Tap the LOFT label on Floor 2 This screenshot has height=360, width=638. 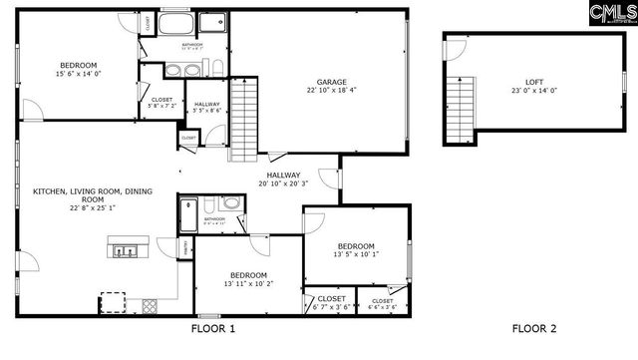pos(534,82)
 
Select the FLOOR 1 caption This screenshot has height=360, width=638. pos(212,328)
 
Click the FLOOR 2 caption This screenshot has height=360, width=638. pos(534,328)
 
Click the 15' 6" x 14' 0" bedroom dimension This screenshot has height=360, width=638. pos(78,73)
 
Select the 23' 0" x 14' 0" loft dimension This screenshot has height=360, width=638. pos(534,91)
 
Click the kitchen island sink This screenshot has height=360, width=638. pos(128,250)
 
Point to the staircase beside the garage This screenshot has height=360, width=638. pos(245,120)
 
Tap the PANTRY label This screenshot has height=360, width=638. pos(185,249)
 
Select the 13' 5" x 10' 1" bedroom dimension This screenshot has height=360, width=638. pos(355,254)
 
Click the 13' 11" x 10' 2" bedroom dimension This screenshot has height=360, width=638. pos(248,283)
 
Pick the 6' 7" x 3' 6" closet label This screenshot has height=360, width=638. pos(331,306)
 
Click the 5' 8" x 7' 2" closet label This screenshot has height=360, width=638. pos(161,104)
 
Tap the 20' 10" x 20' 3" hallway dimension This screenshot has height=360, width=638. pos(284,183)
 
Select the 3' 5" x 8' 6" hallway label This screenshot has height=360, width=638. pos(207,111)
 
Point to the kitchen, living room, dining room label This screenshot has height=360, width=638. pos(80,199)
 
